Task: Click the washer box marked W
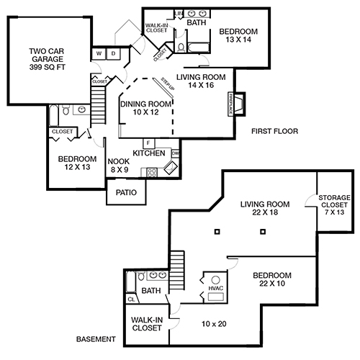[x=99, y=53]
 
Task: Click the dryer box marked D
[x=113, y=53]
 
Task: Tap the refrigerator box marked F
[x=148, y=143]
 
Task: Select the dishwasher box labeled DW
[x=175, y=153]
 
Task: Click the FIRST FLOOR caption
[x=274, y=131]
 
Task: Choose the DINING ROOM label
[x=145, y=104]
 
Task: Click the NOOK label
[x=118, y=161]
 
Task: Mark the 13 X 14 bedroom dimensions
[x=238, y=41]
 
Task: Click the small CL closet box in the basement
[x=131, y=298]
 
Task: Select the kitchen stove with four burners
[x=151, y=171]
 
